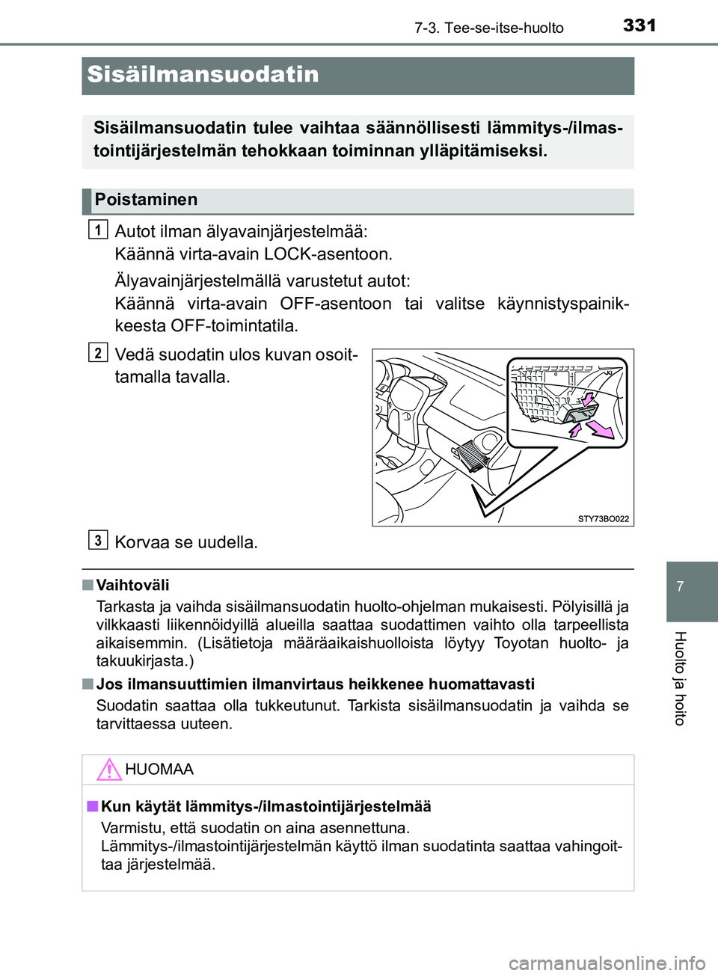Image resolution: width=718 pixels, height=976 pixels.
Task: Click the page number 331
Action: tap(639, 25)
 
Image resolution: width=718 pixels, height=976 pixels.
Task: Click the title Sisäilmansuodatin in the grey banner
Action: tap(203, 75)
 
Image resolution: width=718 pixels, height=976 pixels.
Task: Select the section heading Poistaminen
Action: tap(146, 200)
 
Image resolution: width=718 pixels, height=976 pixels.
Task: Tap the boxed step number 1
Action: tap(98, 229)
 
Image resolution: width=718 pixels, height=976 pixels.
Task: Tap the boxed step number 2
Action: tap(98, 352)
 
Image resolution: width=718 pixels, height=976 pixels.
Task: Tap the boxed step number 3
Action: tap(98, 540)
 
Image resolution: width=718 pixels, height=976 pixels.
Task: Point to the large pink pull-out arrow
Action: tap(601, 430)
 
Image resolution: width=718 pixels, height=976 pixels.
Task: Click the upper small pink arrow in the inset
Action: tap(589, 399)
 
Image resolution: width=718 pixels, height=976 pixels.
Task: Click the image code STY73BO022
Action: tap(603, 518)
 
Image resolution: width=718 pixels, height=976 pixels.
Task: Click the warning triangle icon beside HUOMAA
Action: tap(109, 770)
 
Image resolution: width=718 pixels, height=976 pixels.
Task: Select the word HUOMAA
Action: tap(159, 770)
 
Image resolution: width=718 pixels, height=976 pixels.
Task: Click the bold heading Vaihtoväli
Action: tap(132, 586)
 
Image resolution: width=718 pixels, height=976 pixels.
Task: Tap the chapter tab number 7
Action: tap(680, 586)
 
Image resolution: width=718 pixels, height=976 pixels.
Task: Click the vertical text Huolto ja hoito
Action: tap(680, 678)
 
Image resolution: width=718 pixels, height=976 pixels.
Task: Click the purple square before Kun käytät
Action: tap(92, 806)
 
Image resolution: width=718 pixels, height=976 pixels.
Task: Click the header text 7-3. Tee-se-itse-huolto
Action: tap(488, 28)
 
